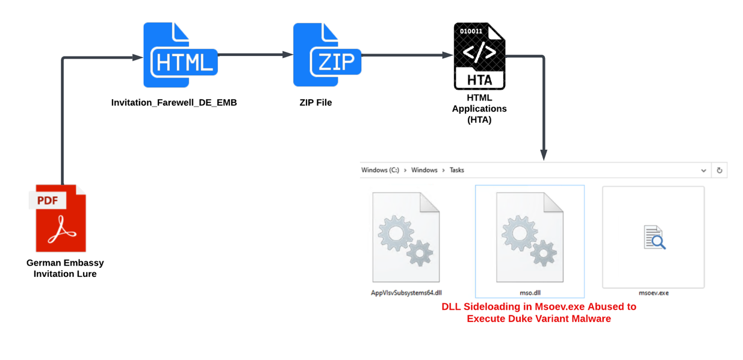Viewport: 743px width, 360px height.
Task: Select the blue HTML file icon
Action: point(179,55)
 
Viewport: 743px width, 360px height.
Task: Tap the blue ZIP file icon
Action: point(327,55)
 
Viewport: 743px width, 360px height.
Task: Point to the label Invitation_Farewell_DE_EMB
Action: point(174,103)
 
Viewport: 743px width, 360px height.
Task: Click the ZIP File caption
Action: point(316,103)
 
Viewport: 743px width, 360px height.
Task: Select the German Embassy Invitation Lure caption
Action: point(65,268)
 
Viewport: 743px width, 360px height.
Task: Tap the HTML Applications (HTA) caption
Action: point(479,108)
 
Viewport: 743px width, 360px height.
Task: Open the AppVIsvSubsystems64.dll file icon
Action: point(406,237)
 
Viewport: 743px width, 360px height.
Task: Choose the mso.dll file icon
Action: point(530,237)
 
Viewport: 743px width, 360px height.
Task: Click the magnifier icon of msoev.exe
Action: point(654,237)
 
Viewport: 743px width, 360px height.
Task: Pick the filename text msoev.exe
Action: point(654,293)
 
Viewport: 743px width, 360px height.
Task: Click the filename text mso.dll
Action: point(530,293)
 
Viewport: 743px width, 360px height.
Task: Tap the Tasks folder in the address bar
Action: point(457,170)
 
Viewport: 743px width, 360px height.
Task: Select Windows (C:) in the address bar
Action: point(380,170)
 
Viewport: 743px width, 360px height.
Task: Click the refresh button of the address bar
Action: point(719,170)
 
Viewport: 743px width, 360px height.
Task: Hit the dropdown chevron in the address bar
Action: point(703,171)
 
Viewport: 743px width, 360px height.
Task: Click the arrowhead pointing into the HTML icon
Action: point(138,58)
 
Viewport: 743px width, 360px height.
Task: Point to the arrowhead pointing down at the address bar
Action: point(544,155)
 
